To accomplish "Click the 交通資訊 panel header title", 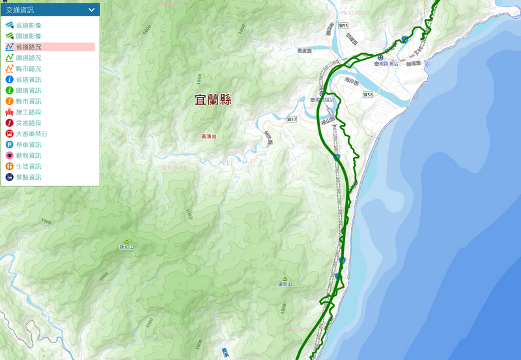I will coord(20,10).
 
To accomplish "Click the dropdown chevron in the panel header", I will coord(92,10).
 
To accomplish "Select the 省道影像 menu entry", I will coord(29,25).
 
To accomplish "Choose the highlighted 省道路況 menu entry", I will coord(29,47).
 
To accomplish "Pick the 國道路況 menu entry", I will coord(29,58).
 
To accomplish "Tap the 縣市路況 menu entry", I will coord(29,68).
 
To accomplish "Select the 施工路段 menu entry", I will coord(29,112).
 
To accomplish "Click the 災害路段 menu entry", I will coord(29,123).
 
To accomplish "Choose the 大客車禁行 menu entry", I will coord(32,133).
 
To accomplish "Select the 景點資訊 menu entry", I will coord(29,177).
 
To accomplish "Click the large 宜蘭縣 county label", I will coord(213,100).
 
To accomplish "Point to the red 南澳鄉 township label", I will coord(210,137).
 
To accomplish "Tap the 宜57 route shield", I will coord(291,119).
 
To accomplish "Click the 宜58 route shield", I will coord(368,95).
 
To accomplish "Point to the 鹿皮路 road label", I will coord(304,49).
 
